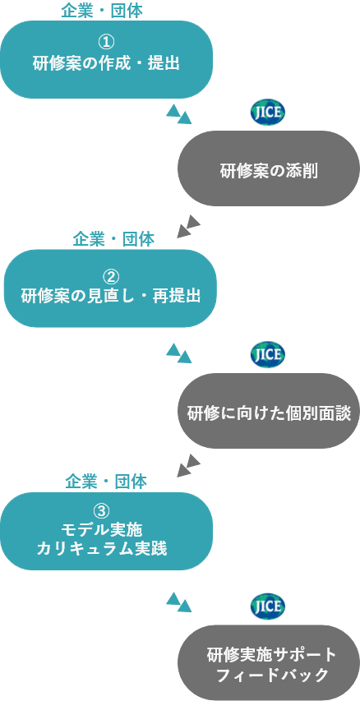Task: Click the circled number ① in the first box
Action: pyautogui.click(x=106, y=43)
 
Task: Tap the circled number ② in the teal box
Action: pyautogui.click(x=110, y=277)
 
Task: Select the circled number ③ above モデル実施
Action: pyautogui.click(x=102, y=511)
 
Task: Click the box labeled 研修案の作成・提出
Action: pyautogui.click(x=106, y=59)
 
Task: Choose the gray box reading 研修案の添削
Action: pyautogui.click(x=269, y=168)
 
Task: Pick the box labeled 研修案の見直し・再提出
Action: pyautogui.click(x=110, y=288)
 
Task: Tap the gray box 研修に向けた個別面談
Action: pyautogui.click(x=269, y=411)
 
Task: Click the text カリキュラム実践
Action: pyautogui.click(x=102, y=549)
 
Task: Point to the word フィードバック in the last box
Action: pyautogui.click(x=272, y=675)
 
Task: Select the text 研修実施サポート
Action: pyautogui.click(x=272, y=656)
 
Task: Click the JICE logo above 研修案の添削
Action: pyautogui.click(x=267, y=113)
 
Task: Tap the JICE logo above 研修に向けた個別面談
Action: pyautogui.click(x=267, y=354)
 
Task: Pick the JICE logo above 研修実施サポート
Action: pyautogui.click(x=267, y=606)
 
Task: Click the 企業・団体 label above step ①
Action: pyautogui.click(x=102, y=12)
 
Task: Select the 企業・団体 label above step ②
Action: pyautogui.click(x=113, y=240)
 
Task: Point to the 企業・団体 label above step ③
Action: pyautogui.click(x=106, y=482)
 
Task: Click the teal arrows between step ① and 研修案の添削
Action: pyautogui.click(x=179, y=114)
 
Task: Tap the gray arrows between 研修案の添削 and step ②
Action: pyautogui.click(x=189, y=226)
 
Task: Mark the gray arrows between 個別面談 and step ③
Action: pyautogui.click(x=189, y=465)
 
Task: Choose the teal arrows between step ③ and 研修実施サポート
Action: pyautogui.click(x=179, y=602)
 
